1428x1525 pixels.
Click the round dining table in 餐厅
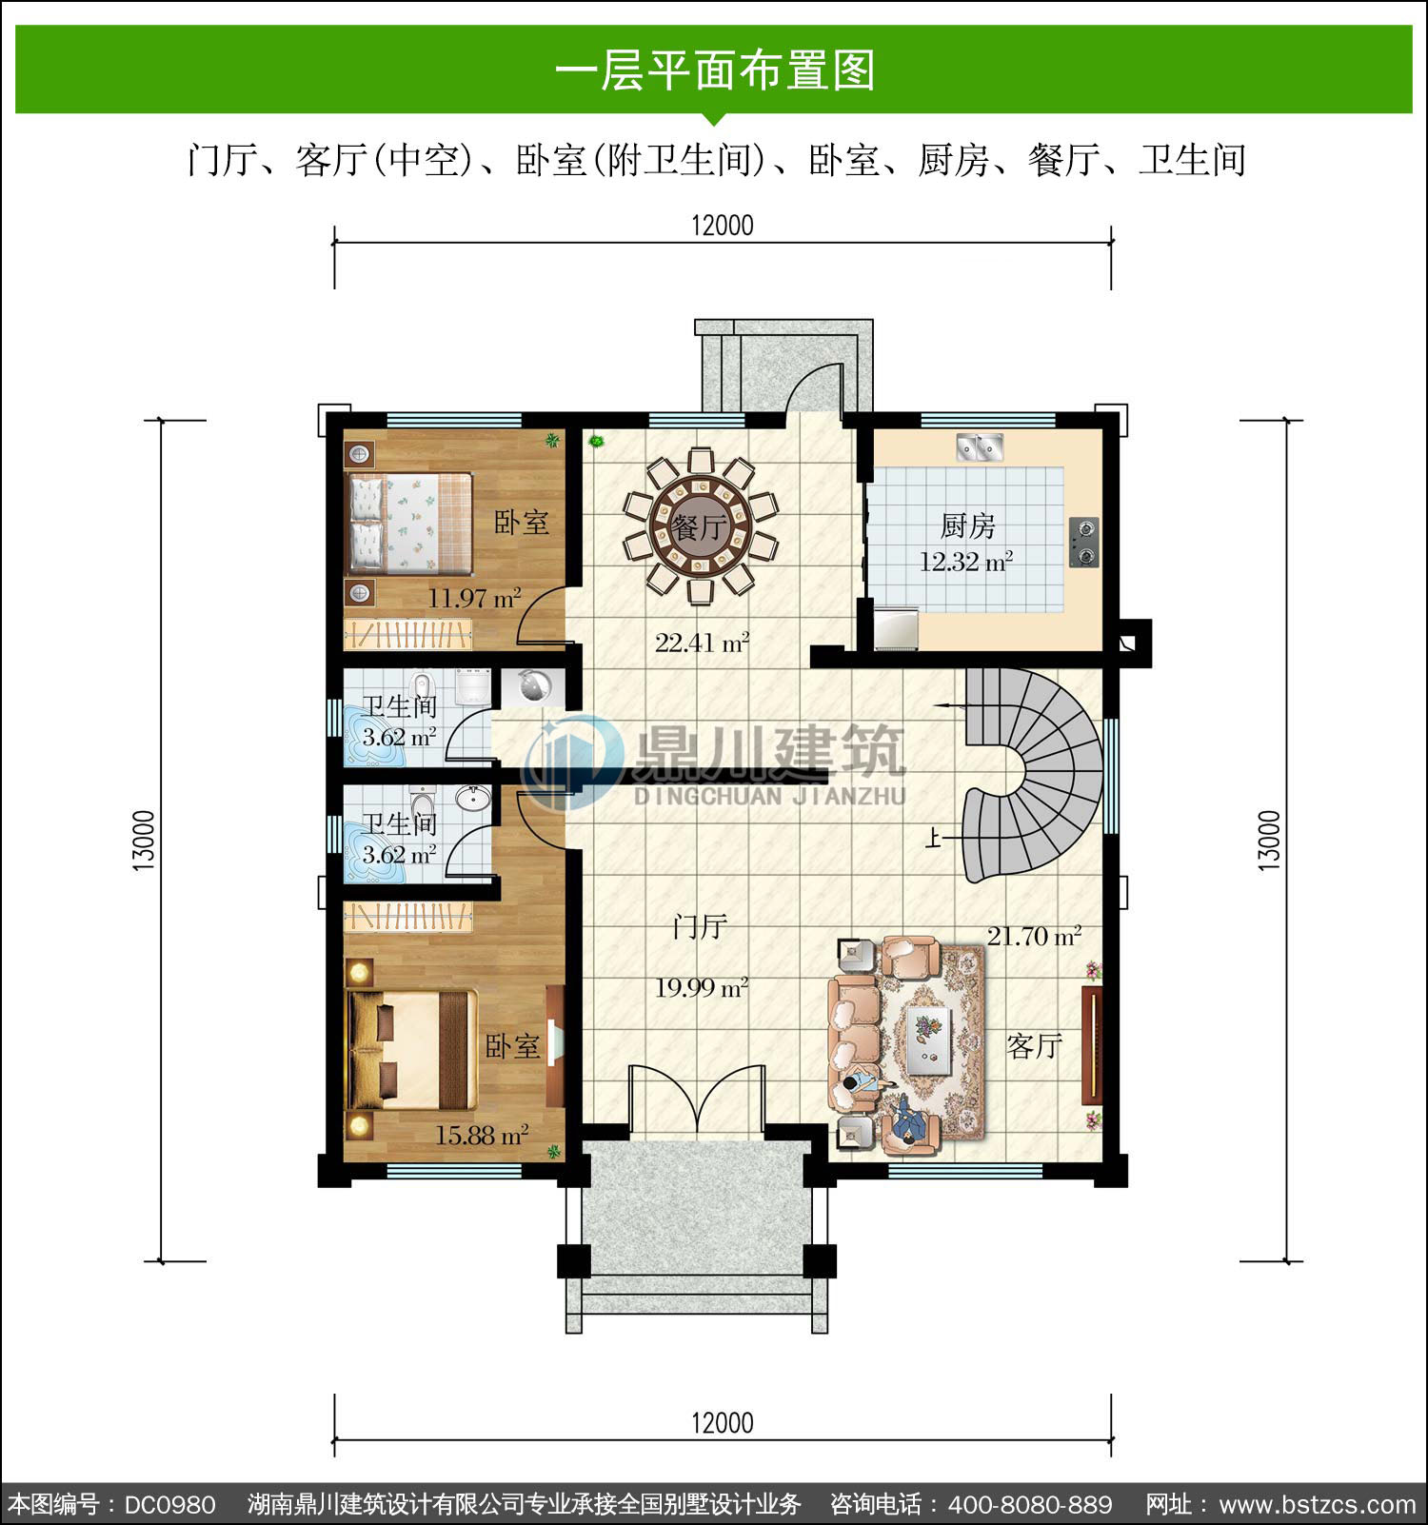click(701, 525)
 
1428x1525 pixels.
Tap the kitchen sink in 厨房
click(980, 446)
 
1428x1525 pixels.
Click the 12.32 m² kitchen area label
click(965, 562)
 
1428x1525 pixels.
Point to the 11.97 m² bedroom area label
click(474, 599)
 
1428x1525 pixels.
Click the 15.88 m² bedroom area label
click(482, 1135)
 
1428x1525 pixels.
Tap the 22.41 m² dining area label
click(702, 643)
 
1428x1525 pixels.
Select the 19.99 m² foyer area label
click(701, 987)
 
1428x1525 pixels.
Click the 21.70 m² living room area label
click(1034, 936)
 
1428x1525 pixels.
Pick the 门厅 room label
click(701, 926)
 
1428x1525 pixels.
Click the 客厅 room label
click(1035, 1046)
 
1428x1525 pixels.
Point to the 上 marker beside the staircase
click(934, 839)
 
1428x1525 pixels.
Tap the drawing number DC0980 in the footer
click(170, 1505)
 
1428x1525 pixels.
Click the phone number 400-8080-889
click(1030, 1505)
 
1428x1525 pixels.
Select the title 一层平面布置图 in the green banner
click(715, 70)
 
